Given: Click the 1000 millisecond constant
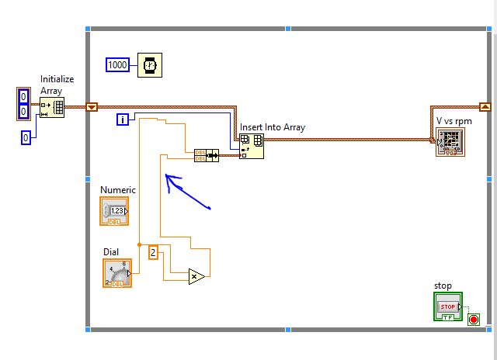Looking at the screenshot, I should click(x=118, y=65).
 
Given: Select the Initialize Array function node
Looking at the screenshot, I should click(x=53, y=108).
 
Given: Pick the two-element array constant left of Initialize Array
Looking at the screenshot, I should click(x=23, y=104).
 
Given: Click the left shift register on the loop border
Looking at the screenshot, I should click(x=92, y=108).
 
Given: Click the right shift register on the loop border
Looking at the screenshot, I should click(x=485, y=108).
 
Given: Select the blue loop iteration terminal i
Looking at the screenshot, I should click(x=123, y=119).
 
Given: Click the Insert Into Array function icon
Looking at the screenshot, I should click(x=251, y=145).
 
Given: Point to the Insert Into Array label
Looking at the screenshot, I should click(x=273, y=127).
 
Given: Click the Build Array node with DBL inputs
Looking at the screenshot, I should click(x=206, y=155).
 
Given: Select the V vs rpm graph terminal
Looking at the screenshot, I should click(x=450, y=143).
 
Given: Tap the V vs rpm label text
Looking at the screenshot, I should click(x=454, y=121).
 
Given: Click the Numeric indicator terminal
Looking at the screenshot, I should click(x=115, y=211).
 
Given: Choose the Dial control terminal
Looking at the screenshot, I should click(x=117, y=273).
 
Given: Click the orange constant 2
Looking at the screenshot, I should click(x=153, y=252).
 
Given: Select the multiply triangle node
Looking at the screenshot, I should click(x=196, y=275).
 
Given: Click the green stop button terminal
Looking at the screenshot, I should click(x=447, y=306).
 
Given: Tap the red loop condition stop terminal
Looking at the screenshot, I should click(x=474, y=319).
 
